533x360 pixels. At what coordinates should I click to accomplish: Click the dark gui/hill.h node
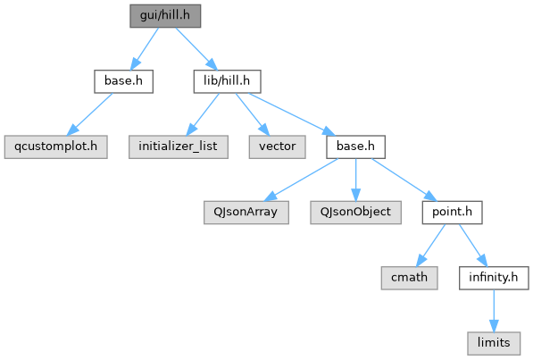coord(165,16)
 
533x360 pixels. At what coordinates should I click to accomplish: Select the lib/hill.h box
coord(227,81)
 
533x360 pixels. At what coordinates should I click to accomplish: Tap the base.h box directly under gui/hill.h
coord(124,81)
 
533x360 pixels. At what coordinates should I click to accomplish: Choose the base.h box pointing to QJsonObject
coord(355,147)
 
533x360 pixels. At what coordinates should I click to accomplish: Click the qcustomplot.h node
coord(55,147)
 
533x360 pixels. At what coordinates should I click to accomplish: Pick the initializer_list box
coord(179,147)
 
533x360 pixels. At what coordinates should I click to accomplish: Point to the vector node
coord(277,147)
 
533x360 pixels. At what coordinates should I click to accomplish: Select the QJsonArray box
coord(246,213)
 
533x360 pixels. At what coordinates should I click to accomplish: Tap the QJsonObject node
coord(355,213)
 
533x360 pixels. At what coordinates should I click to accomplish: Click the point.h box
coord(452,213)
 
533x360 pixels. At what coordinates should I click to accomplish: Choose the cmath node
coord(409,278)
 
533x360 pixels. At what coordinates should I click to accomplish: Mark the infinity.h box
coord(494,278)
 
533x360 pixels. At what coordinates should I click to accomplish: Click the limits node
coord(494,343)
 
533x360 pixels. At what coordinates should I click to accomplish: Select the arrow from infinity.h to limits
coord(494,311)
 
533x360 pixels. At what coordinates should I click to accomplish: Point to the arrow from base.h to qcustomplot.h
coord(89,114)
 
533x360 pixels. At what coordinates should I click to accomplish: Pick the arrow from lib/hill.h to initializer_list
coord(203,114)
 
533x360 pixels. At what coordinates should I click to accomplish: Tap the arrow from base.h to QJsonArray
coord(301,180)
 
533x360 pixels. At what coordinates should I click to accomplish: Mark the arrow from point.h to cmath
coord(430,246)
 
